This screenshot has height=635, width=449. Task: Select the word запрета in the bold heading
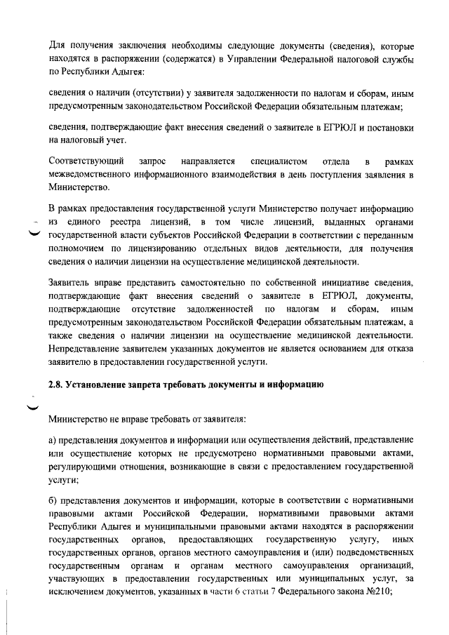pyautogui.click(x=149, y=386)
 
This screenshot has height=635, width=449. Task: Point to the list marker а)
pyautogui.click(x=53, y=443)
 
